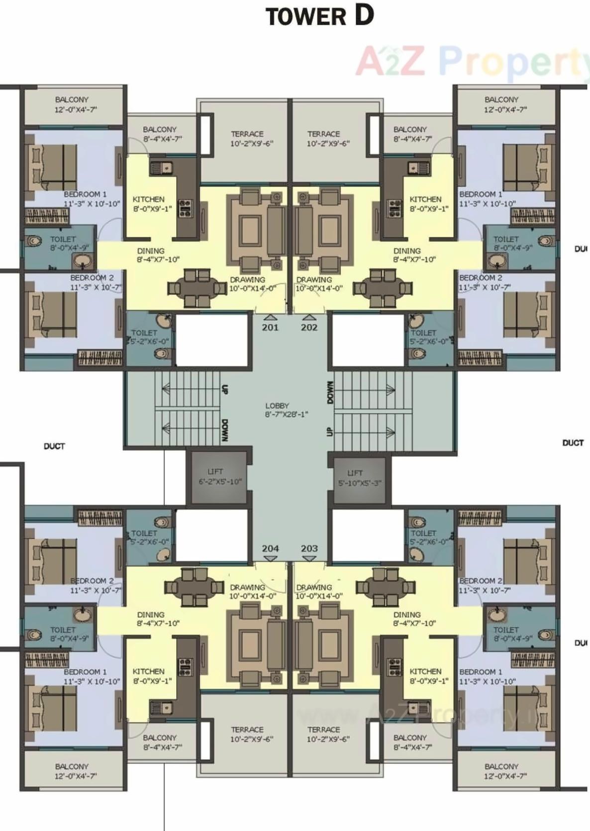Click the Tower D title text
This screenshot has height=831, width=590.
(x=319, y=16)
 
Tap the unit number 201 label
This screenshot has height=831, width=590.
(x=270, y=327)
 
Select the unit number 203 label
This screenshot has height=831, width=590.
(x=309, y=548)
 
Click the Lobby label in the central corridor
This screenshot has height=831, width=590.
(x=277, y=406)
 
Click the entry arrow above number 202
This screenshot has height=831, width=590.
(x=309, y=317)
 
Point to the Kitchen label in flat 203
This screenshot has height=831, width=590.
(x=426, y=671)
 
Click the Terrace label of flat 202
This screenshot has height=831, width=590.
(x=324, y=134)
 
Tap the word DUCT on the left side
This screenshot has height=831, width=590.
(x=54, y=446)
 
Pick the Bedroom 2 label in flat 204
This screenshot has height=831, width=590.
(x=92, y=581)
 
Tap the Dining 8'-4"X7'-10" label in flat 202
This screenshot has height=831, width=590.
(x=407, y=251)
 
